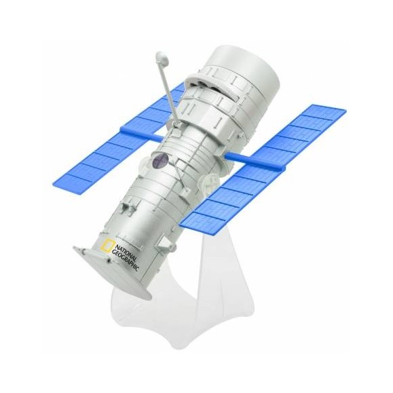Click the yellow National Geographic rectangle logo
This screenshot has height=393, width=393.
(107, 247)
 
